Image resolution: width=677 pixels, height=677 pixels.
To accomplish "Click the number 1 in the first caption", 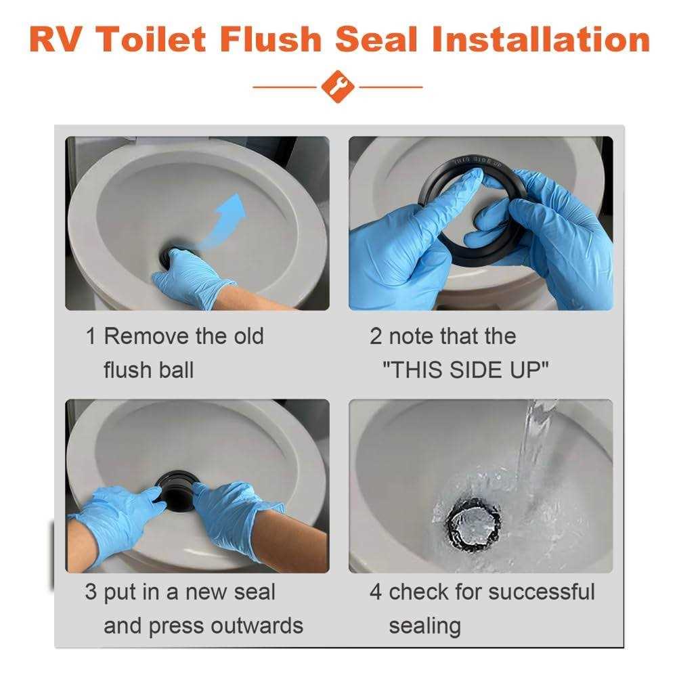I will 91,336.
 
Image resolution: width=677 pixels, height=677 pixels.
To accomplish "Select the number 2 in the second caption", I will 376,336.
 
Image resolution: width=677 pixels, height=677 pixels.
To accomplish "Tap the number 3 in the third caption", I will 91,592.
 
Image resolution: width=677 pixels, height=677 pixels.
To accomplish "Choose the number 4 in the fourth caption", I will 376,592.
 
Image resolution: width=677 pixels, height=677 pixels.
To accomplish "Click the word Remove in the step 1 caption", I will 144,336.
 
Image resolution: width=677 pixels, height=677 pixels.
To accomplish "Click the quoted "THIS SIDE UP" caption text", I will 465,370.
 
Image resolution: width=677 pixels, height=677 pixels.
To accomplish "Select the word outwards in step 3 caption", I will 257,626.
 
